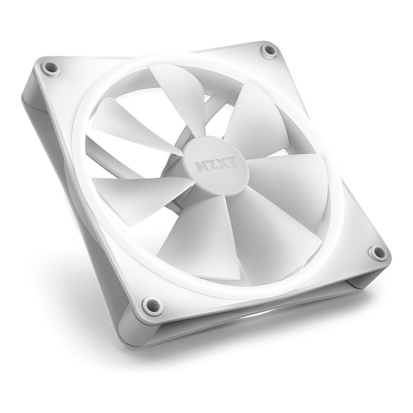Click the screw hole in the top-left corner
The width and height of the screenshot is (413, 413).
(x=50, y=68)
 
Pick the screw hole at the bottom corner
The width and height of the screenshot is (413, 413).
(x=152, y=306)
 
